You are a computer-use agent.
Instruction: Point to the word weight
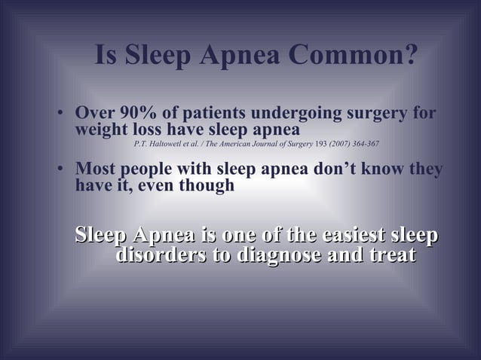100,129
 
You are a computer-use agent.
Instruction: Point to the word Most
95,169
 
